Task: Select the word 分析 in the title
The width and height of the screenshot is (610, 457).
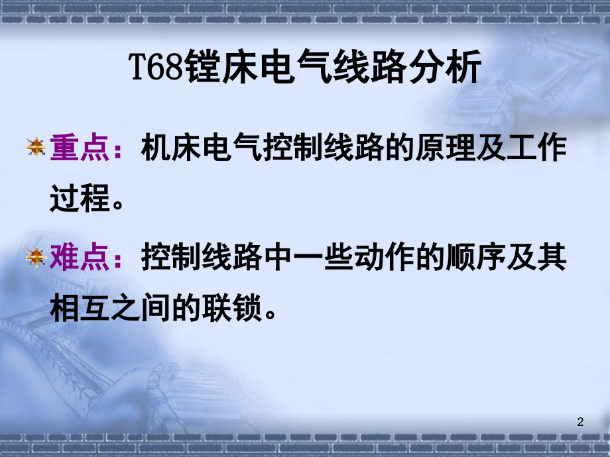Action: (456, 69)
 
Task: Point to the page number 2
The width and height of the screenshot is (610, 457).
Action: (581, 422)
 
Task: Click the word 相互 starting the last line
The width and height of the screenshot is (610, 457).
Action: (78, 307)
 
